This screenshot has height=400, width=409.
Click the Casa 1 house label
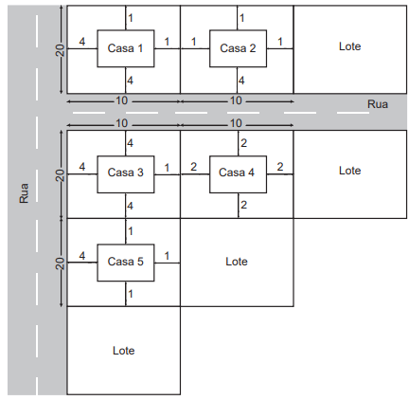tap(125, 48)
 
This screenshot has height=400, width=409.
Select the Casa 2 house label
tap(238, 48)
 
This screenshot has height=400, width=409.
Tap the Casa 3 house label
tap(125, 173)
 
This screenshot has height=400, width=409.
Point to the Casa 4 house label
tap(237, 173)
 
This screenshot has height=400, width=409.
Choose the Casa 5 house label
tap(125, 262)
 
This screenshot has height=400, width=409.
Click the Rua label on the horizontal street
tap(378, 104)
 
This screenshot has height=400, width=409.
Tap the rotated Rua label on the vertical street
tap(24, 193)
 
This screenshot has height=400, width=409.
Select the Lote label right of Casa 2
tap(349, 46)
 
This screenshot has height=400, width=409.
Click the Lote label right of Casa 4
tap(349, 171)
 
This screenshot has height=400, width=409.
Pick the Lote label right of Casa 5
tap(237, 262)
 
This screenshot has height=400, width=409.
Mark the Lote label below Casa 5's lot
tap(123, 351)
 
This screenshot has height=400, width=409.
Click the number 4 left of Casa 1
tap(82, 42)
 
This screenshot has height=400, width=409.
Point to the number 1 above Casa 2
tap(241, 18)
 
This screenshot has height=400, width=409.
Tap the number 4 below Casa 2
tap(241, 81)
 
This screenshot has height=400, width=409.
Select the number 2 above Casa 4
tap(243, 143)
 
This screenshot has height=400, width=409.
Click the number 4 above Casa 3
tap(130, 143)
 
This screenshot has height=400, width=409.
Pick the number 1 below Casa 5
tap(131, 294)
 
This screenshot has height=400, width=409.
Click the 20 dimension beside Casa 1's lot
tap(60, 50)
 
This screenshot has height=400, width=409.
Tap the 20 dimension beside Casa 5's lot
tap(60, 264)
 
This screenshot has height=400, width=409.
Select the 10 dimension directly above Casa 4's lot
tap(236, 123)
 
